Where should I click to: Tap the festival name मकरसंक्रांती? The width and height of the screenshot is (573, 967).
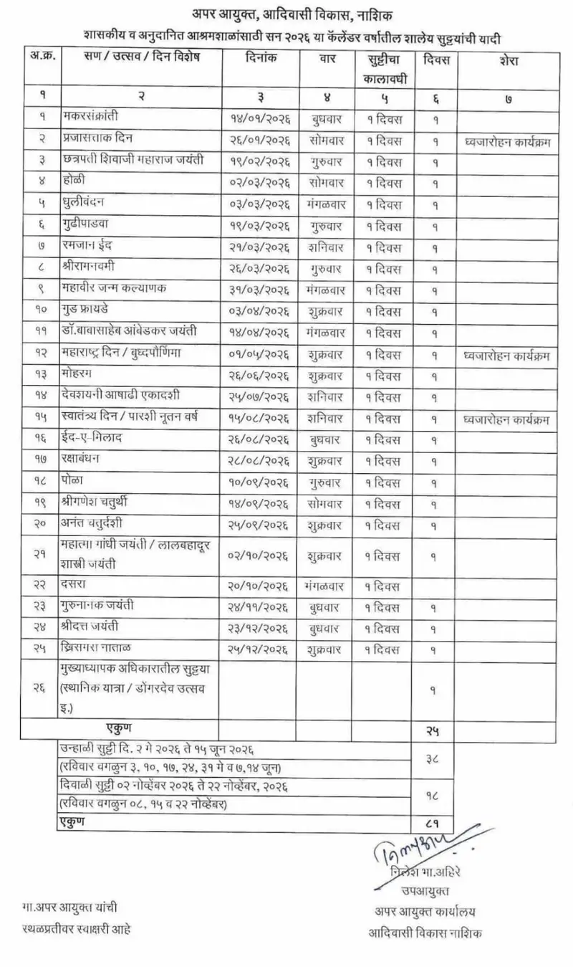(x=92, y=115)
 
